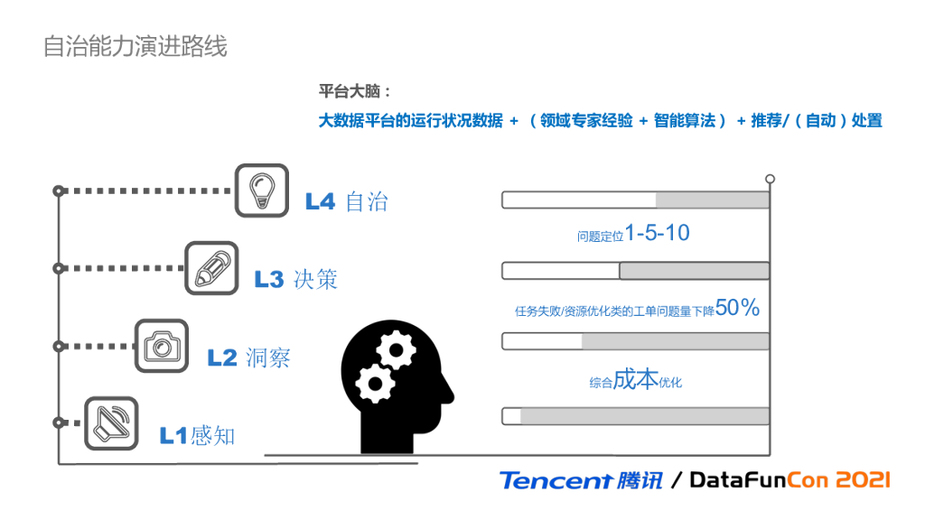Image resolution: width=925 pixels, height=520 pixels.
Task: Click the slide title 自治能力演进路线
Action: point(135,46)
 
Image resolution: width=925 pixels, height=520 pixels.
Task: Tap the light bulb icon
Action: point(262,190)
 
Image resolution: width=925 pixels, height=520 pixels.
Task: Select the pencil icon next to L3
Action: point(211,268)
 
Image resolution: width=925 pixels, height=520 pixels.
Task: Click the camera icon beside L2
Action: point(162,346)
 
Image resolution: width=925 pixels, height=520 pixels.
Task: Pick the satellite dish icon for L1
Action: point(111,423)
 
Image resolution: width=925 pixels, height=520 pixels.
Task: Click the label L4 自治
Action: point(347,202)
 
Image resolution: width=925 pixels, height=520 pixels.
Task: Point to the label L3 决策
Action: point(296,280)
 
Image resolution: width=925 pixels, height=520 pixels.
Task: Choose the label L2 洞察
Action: point(249,357)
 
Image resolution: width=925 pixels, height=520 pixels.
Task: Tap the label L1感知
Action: point(198,436)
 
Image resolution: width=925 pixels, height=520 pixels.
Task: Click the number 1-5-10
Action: point(657,234)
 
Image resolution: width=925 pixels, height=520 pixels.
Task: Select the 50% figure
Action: point(737,308)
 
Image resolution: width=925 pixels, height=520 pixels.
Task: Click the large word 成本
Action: point(637,380)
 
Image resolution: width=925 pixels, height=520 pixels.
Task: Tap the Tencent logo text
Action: point(556,480)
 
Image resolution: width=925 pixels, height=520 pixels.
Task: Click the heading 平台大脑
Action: point(355,92)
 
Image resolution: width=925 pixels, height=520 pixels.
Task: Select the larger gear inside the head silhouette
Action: point(395,348)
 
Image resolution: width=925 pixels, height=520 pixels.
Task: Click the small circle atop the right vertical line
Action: point(771,179)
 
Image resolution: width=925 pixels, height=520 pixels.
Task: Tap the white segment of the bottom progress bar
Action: point(512,416)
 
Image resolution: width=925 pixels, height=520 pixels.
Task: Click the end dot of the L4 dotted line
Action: point(59,190)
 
